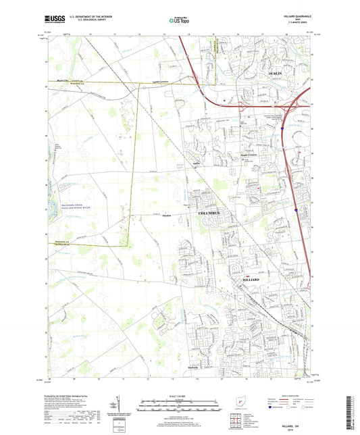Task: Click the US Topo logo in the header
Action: click(x=179, y=21)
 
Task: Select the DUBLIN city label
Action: click(x=275, y=72)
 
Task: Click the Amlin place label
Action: click(x=197, y=163)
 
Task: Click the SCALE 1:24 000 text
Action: click(x=180, y=396)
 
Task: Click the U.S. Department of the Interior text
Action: click(x=82, y=18)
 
